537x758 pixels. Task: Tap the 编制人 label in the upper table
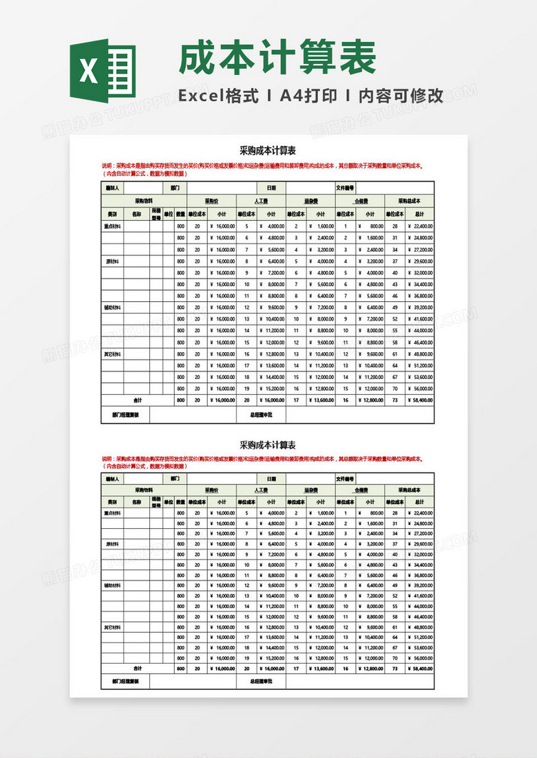(112, 188)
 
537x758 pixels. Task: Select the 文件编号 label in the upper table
(345, 188)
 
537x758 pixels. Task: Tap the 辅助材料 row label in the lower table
(112, 585)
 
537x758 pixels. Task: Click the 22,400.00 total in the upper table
(422, 226)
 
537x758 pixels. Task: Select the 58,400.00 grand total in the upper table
(422, 400)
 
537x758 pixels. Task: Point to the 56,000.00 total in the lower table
(422, 657)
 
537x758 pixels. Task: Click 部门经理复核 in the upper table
(125, 415)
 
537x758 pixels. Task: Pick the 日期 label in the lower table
(271, 479)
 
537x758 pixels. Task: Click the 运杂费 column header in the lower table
(310, 490)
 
